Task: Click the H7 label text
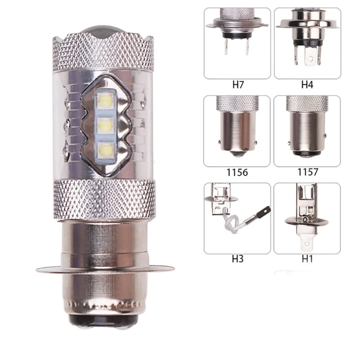pyautogui.click(x=238, y=85)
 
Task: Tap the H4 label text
pyautogui.click(x=307, y=85)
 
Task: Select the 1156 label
pyautogui.click(x=237, y=172)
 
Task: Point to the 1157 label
pyautogui.click(x=308, y=172)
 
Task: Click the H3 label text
pyautogui.click(x=238, y=259)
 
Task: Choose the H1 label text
pyautogui.click(x=307, y=259)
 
